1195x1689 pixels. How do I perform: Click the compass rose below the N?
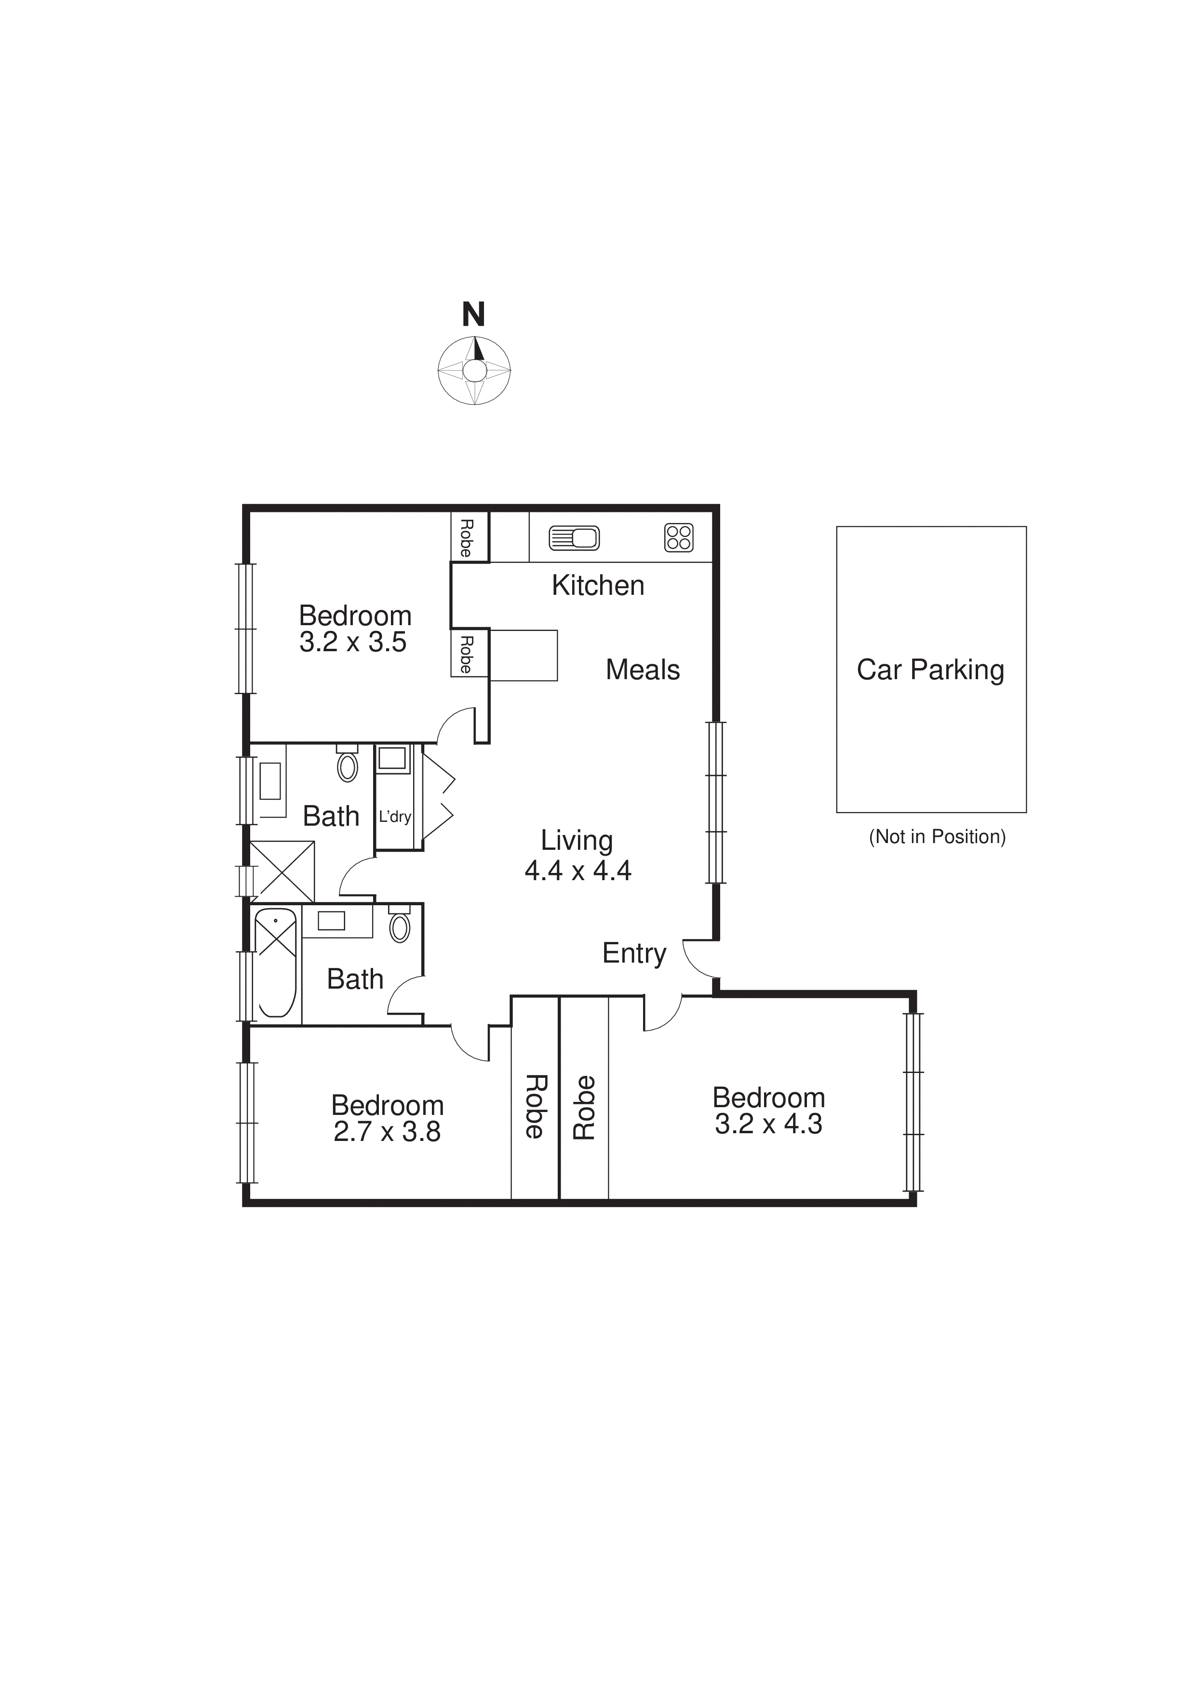tap(474, 371)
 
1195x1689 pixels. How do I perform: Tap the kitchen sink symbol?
tap(574, 538)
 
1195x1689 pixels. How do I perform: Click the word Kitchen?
tap(598, 586)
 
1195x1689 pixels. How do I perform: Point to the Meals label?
tap(643, 670)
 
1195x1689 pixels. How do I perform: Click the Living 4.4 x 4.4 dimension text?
tap(577, 870)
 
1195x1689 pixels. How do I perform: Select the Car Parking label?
tap(930, 670)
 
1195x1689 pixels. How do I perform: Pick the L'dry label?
tap(394, 817)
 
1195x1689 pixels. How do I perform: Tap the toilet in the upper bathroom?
tap(347, 766)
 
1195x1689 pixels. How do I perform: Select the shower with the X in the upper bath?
tap(282, 871)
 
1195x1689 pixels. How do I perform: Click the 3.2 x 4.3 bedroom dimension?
tap(768, 1124)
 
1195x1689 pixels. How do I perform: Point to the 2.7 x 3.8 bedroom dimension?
tap(387, 1131)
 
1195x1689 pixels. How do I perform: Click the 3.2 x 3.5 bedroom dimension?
tap(353, 642)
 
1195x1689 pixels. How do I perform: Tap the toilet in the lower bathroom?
tap(400, 927)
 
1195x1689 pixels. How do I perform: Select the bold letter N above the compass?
tap(474, 315)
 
